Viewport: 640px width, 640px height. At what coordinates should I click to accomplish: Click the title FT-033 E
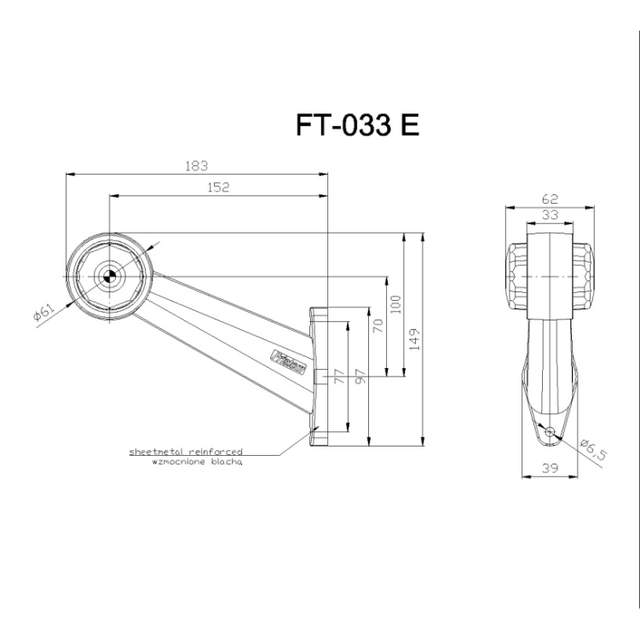[x=357, y=125]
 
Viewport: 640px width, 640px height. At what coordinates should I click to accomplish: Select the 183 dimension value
[x=197, y=166]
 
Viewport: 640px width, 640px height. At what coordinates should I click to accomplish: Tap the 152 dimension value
[x=219, y=187]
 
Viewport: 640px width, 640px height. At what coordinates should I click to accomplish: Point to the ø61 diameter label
[x=44, y=314]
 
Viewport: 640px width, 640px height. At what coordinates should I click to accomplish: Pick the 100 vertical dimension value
[x=395, y=304]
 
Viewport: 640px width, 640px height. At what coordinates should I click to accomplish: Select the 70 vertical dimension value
[x=378, y=325]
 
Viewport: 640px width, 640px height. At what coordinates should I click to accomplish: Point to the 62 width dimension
[x=550, y=199]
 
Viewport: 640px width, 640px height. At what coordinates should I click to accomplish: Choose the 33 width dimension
[x=550, y=216]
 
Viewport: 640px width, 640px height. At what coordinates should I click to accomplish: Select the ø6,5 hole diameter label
[x=591, y=448]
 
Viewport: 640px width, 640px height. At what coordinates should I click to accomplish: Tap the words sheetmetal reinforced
[x=186, y=451]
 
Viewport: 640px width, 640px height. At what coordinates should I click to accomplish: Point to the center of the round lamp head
[x=108, y=275]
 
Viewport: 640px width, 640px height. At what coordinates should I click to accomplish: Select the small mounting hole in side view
[x=549, y=432]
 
